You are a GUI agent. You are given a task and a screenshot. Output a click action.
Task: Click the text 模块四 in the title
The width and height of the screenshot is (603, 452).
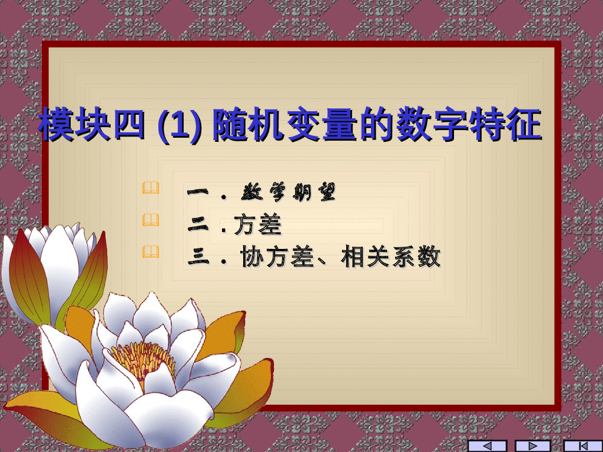click(x=91, y=125)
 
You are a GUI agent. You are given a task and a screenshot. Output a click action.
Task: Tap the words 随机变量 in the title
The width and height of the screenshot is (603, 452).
click(x=286, y=125)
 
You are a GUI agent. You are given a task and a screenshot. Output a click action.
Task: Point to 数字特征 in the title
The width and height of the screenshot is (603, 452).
click(x=469, y=125)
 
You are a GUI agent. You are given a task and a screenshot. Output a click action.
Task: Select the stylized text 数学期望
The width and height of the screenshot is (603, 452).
click(x=289, y=192)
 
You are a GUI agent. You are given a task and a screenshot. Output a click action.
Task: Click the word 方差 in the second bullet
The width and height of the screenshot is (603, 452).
click(x=258, y=225)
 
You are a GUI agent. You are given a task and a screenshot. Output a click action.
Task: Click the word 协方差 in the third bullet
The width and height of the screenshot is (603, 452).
click(x=277, y=258)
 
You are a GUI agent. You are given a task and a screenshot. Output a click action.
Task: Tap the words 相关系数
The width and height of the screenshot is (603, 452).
click(x=390, y=258)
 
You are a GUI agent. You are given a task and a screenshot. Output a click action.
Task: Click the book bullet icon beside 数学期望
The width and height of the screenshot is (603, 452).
click(x=151, y=188)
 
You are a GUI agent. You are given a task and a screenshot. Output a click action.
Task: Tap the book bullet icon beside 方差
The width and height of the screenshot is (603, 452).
click(x=151, y=220)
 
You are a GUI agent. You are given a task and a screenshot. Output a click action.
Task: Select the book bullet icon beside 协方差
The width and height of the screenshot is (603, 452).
click(x=151, y=252)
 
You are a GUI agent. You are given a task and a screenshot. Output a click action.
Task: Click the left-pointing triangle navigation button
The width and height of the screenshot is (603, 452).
click(x=487, y=446)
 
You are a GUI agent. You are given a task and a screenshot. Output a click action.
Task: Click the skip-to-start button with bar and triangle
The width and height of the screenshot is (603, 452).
click(x=583, y=446)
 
